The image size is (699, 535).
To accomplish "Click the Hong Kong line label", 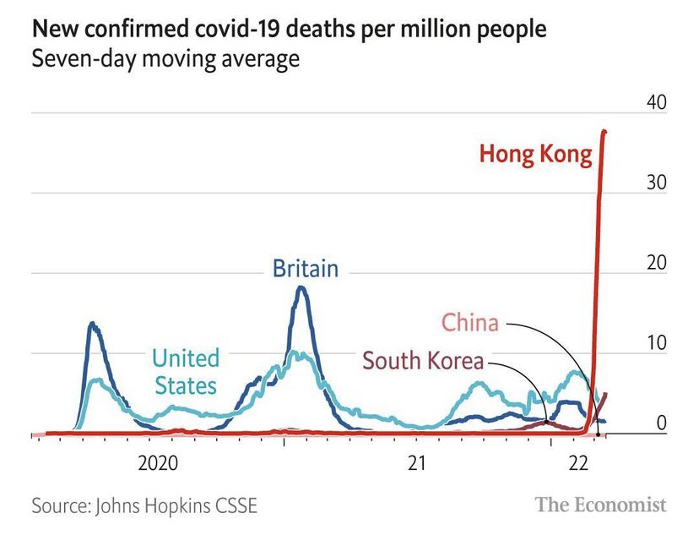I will click(x=535, y=155).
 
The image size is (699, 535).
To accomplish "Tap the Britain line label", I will click(x=305, y=269).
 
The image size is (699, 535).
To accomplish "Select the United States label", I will click(x=185, y=372).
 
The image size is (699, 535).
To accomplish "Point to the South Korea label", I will click(x=423, y=362).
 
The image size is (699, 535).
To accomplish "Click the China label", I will click(x=470, y=322).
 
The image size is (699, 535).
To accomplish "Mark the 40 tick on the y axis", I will click(x=655, y=102).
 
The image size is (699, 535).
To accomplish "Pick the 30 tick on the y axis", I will click(x=655, y=183).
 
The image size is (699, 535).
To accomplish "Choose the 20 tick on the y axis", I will click(x=655, y=263).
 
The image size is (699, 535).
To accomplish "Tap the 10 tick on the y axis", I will click(x=655, y=343).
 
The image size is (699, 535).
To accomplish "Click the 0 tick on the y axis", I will click(x=662, y=423).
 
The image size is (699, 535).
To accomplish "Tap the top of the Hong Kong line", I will click(x=604, y=132).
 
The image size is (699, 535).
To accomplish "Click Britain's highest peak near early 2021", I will click(x=301, y=288).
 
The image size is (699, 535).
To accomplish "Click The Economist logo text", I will click(x=600, y=505).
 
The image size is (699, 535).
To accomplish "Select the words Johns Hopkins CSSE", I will click(x=176, y=506).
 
